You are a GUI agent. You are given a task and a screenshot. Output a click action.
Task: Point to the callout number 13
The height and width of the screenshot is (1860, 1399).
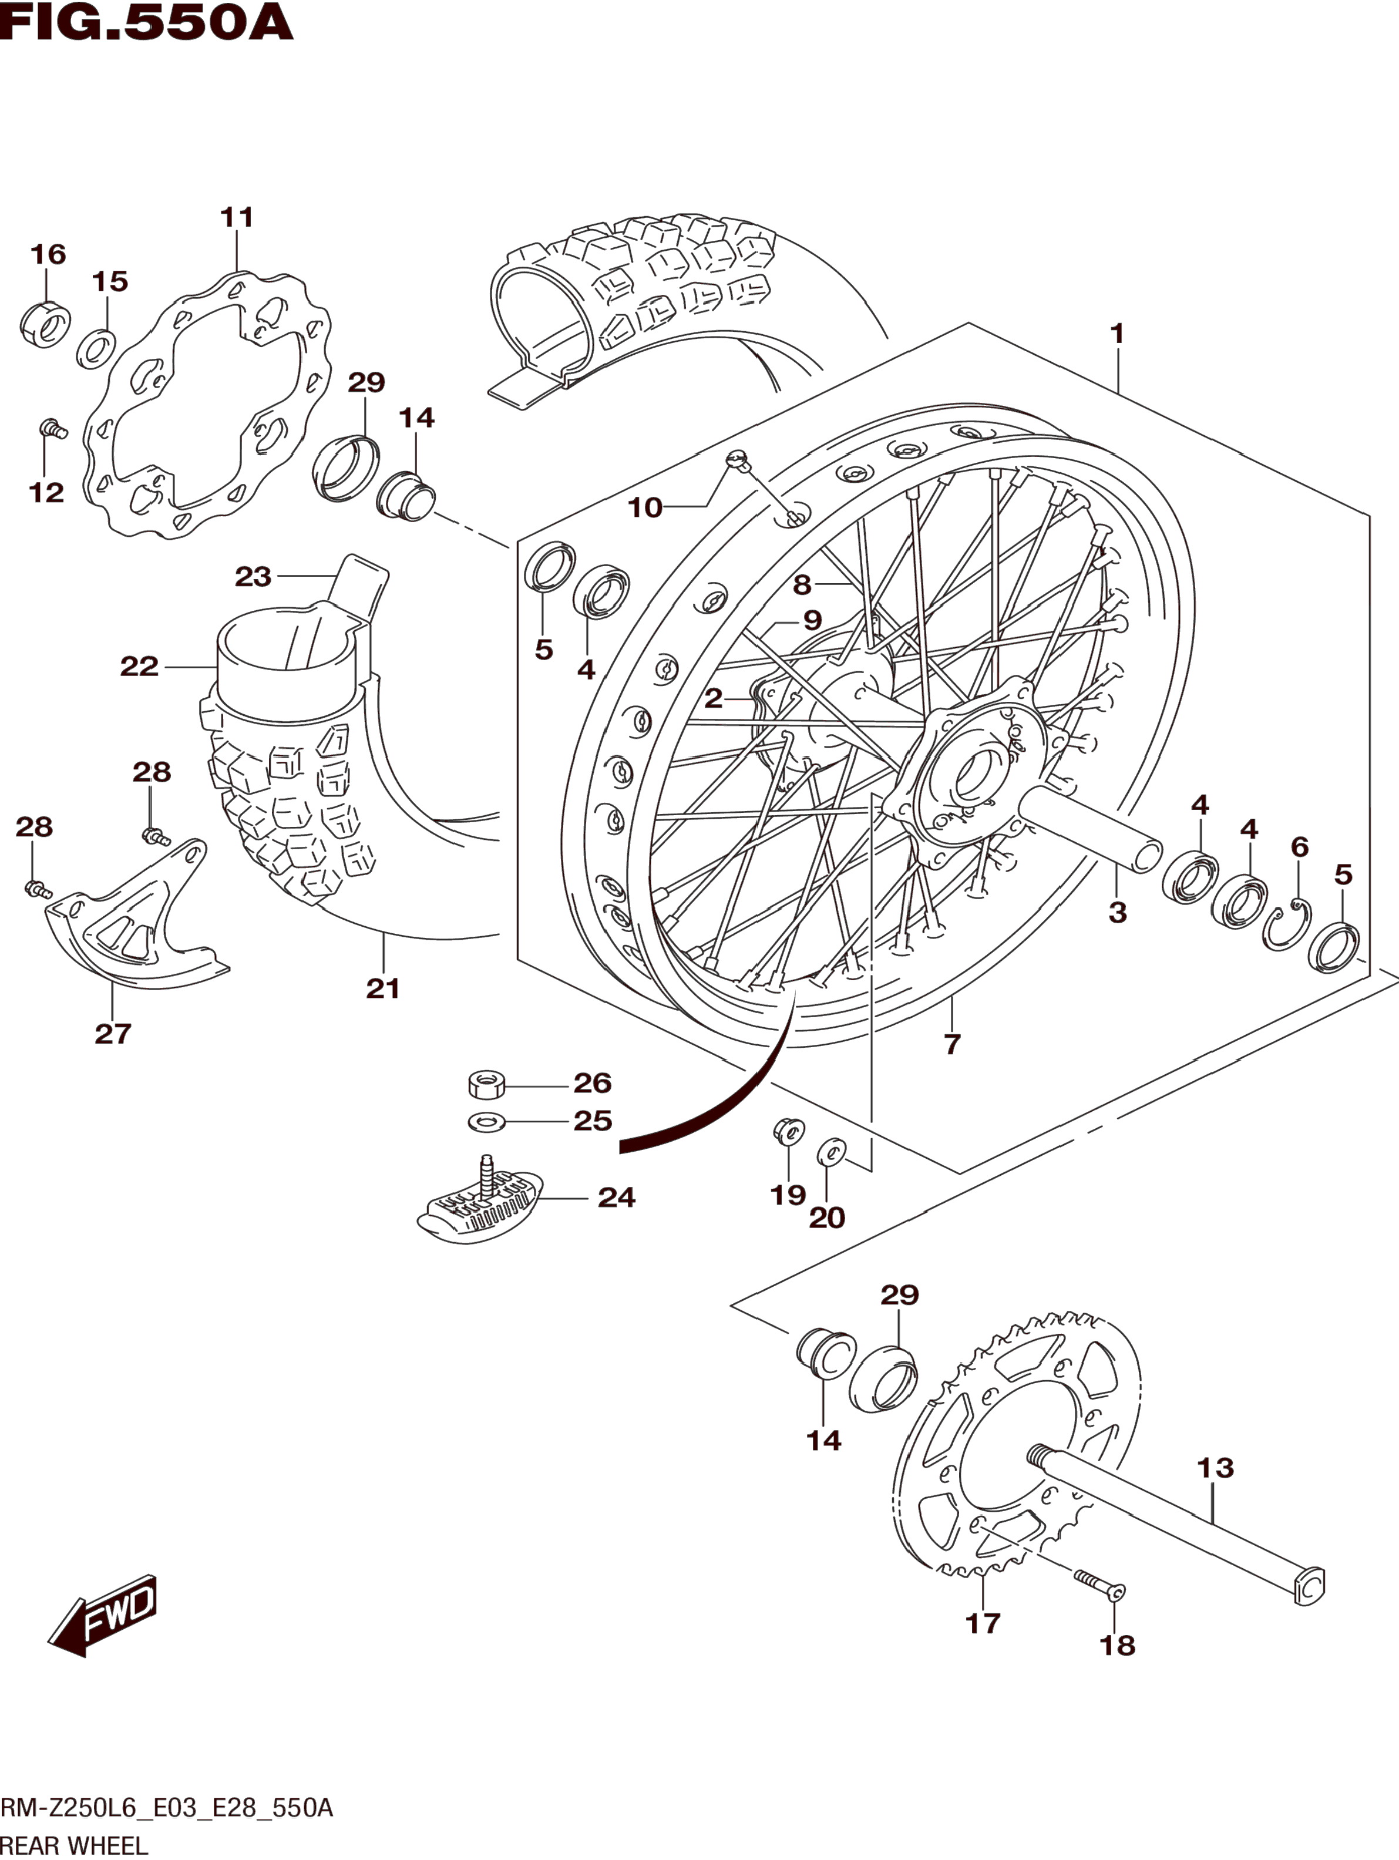click(x=1215, y=1468)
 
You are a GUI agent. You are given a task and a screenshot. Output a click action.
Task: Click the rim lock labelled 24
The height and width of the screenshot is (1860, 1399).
click(x=480, y=1203)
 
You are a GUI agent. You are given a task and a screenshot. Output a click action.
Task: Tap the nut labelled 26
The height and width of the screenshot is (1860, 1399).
click(x=486, y=1085)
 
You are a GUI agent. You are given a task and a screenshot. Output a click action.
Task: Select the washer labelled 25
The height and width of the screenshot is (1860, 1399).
click(x=486, y=1121)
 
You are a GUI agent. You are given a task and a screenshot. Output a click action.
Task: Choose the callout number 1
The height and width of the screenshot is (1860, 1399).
click(x=1117, y=334)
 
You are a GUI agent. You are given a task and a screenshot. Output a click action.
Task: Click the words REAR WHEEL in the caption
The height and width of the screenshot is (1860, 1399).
click(x=74, y=1845)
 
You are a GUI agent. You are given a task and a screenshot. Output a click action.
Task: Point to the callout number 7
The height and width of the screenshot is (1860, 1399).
click(x=951, y=1044)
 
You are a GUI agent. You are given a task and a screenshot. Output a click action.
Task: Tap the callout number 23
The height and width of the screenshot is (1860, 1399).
click(x=253, y=577)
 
